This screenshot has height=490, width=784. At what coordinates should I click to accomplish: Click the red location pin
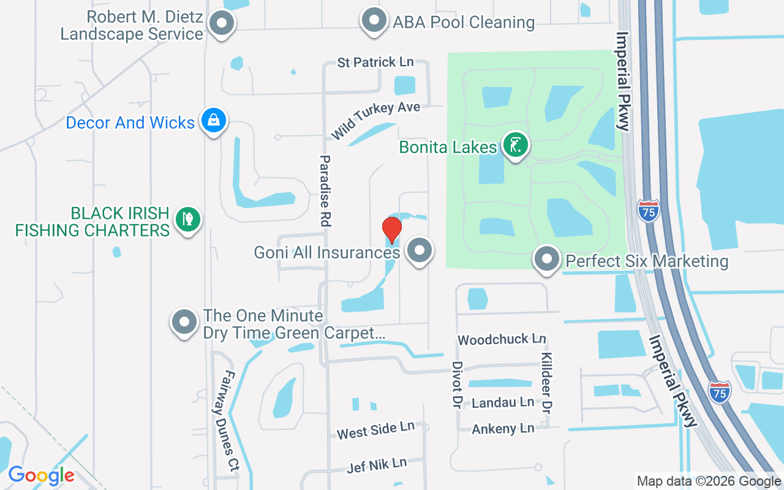point(392,230)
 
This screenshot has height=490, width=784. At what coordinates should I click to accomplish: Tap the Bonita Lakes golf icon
point(516,145)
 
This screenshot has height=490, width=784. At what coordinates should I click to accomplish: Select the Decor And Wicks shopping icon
point(213,120)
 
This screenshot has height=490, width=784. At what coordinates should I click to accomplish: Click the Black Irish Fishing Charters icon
point(187,219)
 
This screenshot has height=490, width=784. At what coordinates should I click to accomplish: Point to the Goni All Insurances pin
point(420,250)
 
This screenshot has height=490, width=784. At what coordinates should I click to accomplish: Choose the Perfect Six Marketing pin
point(546,259)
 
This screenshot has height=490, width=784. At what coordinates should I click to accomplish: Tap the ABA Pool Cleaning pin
point(374,20)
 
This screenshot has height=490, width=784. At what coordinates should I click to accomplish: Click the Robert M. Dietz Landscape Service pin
point(222,24)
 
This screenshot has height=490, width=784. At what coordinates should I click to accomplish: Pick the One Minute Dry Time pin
point(184,322)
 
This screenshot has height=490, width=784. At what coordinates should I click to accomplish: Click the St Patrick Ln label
point(375,62)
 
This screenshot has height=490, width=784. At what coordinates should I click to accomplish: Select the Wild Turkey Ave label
point(375,119)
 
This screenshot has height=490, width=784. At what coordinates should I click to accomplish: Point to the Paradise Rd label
point(325,192)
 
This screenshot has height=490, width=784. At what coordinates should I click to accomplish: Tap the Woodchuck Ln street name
point(502,339)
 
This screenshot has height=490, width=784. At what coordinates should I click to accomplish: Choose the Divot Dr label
point(456,385)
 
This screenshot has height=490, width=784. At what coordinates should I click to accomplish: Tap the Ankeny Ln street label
point(503,429)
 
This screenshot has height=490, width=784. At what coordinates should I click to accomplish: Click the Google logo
point(41,475)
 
